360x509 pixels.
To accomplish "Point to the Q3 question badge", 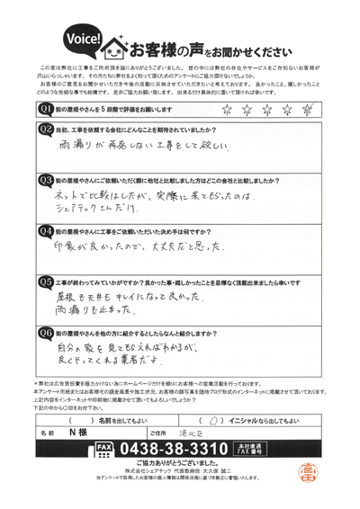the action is (x=46, y=180).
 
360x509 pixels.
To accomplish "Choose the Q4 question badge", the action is (x=46, y=229).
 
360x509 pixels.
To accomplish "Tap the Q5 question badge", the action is (x=46, y=281).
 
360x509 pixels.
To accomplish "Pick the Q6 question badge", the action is (x=46, y=332).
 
